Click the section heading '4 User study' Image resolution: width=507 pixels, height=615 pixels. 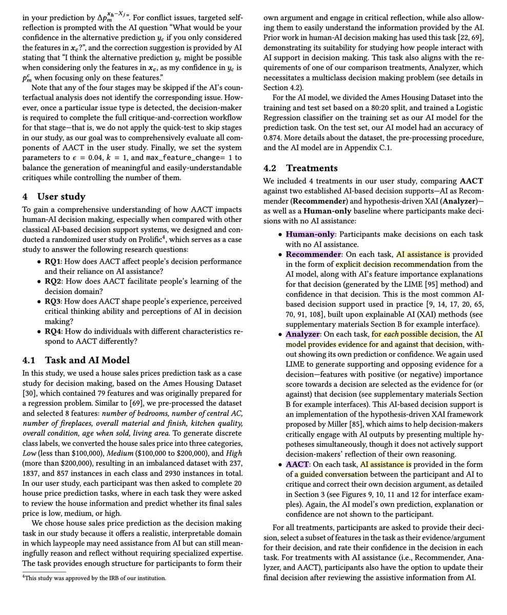54,197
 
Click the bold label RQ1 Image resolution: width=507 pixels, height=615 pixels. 54,261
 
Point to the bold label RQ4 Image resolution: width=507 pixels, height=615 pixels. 54,331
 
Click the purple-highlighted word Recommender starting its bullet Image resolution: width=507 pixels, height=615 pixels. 313,254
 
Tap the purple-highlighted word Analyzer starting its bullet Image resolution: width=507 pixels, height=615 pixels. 303,334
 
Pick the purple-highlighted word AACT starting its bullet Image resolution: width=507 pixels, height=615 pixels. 297,464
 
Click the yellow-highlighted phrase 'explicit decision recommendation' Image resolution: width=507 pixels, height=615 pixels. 393,264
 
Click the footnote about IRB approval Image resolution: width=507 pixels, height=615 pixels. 94,578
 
